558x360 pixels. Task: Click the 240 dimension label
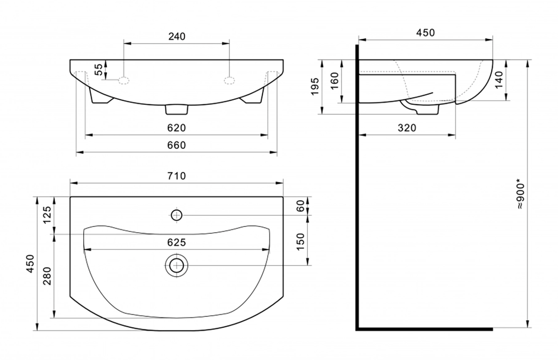[x=177, y=36]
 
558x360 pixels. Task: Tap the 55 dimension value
[x=99, y=69]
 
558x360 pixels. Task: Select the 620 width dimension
[x=176, y=128]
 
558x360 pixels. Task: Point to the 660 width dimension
[x=176, y=145]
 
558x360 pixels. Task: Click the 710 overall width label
[x=177, y=176]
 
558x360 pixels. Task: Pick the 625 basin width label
[x=177, y=242]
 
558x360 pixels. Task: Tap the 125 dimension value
[x=47, y=215]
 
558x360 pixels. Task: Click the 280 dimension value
[x=47, y=276]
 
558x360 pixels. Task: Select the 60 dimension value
[x=301, y=206]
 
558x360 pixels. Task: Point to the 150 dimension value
[x=301, y=242]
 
